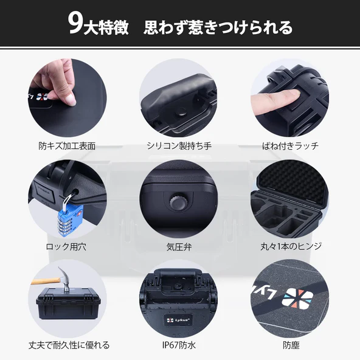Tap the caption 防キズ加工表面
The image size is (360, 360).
(x=67, y=146)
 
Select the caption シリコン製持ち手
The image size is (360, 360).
(x=179, y=146)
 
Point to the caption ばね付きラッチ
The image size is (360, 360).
(x=291, y=146)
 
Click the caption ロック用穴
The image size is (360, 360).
(x=66, y=247)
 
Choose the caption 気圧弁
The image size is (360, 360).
(x=179, y=247)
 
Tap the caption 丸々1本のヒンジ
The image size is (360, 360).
(x=291, y=246)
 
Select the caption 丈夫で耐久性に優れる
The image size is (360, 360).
(x=69, y=345)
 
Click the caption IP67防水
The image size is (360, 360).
(x=179, y=345)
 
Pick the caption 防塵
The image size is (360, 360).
(x=291, y=345)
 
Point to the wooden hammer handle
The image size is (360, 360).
(x=46, y=281)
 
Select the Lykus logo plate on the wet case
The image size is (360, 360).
(x=178, y=320)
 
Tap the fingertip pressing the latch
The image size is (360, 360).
(x=291, y=94)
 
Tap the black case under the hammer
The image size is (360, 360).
(x=68, y=303)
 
